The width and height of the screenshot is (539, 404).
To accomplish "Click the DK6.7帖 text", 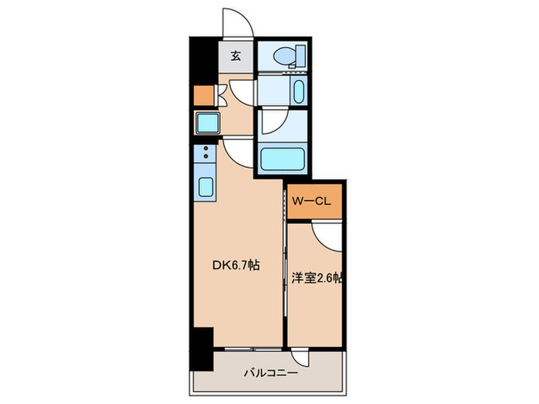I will click(236, 265).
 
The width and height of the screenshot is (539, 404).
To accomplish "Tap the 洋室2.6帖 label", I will click(316, 278).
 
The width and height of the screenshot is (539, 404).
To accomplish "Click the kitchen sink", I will click(206, 187).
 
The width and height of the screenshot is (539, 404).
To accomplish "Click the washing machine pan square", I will click(206, 123).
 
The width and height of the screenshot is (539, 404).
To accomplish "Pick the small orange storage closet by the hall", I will click(203, 95).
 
